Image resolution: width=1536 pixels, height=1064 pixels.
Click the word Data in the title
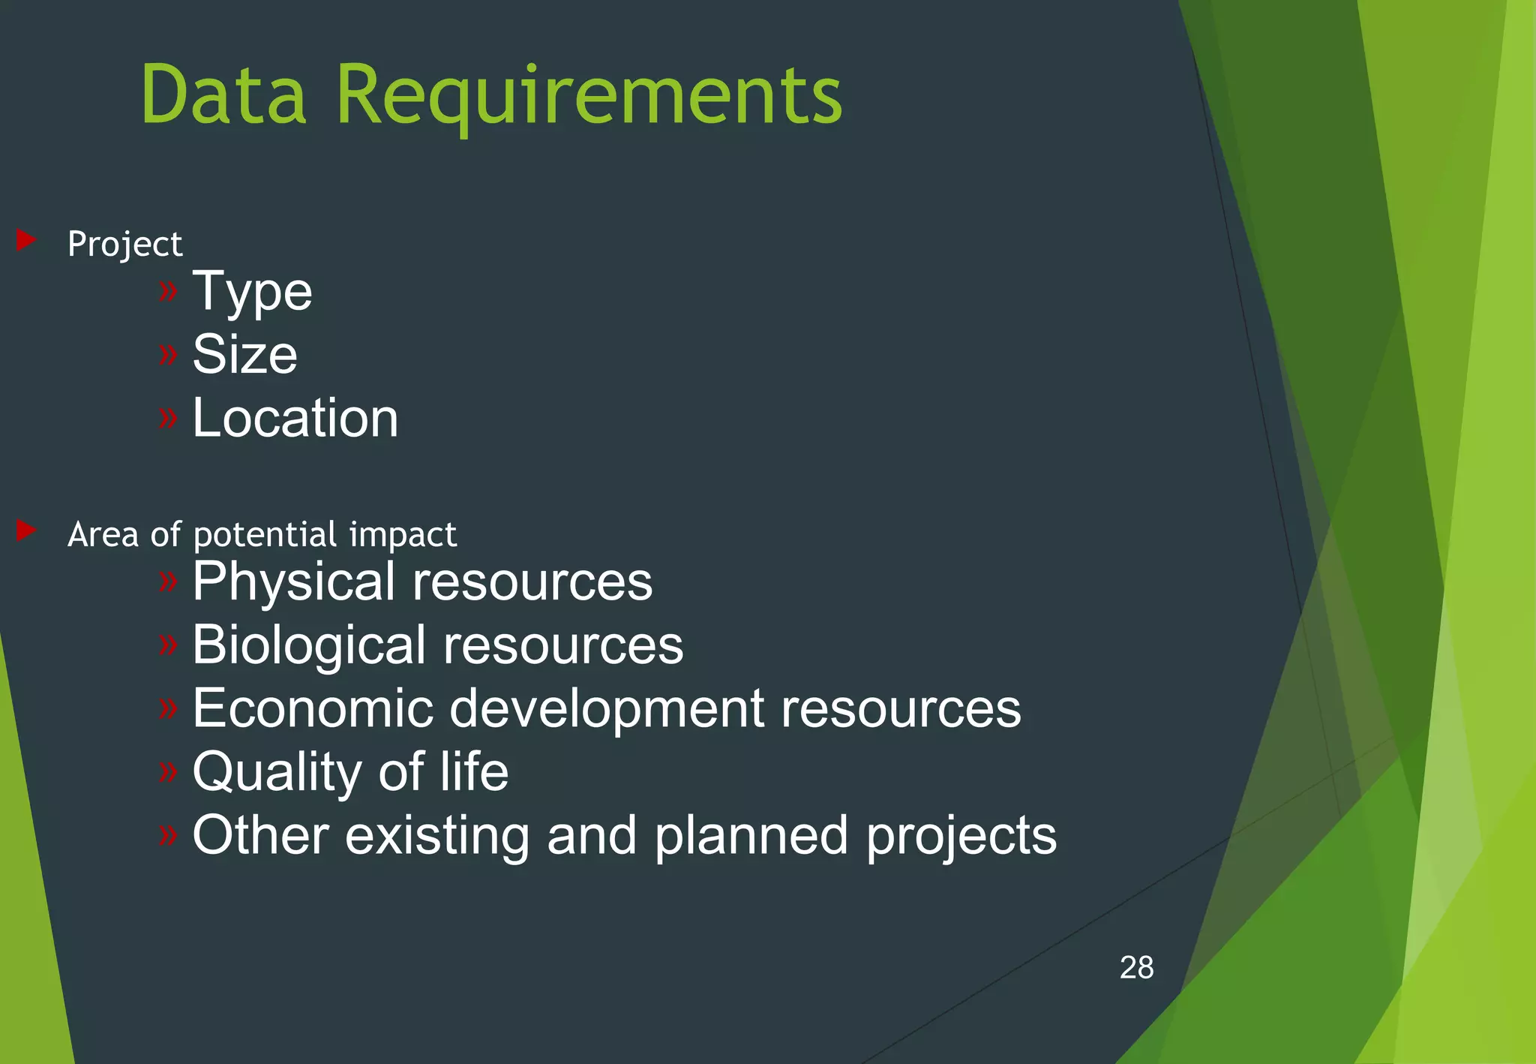[223, 95]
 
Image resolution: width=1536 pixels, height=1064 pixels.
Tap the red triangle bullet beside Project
[26, 240]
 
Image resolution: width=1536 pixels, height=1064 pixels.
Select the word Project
[124, 245]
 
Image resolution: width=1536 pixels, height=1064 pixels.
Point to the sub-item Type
[252, 293]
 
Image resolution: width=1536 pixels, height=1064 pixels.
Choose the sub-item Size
[244, 354]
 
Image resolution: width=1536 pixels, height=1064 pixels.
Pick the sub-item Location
[295, 418]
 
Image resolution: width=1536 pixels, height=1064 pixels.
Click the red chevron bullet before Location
[168, 417]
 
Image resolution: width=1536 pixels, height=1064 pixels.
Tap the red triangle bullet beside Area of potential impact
[26, 530]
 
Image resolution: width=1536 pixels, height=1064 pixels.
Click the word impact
[403, 535]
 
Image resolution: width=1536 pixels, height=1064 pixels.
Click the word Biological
[308, 646]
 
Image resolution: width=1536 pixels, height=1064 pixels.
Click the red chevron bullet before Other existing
[168, 834]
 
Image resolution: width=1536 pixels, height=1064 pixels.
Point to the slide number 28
[1136, 967]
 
